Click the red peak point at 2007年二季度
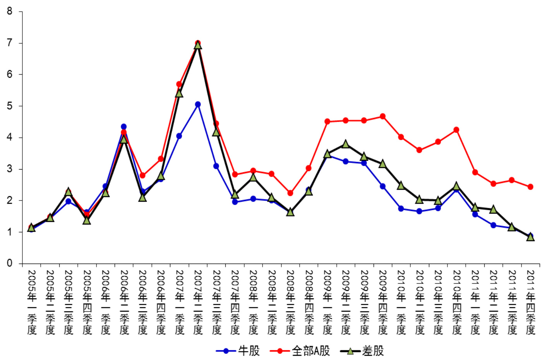tap(198, 43)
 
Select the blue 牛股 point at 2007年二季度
tap(198, 104)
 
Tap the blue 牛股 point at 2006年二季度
tap(123, 127)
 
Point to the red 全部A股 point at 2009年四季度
tap(382, 116)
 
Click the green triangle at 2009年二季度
tap(345, 144)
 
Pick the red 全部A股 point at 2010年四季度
tap(456, 130)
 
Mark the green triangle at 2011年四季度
tap(530, 237)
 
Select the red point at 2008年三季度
tap(290, 193)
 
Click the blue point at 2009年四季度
tap(382, 186)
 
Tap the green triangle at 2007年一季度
tap(179, 93)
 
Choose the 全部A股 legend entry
tap(300, 351)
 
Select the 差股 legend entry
tap(362, 351)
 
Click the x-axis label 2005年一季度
tap(32, 302)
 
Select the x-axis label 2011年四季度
tap(530, 302)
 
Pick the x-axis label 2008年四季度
tap(309, 302)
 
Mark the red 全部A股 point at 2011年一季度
tap(475, 172)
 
